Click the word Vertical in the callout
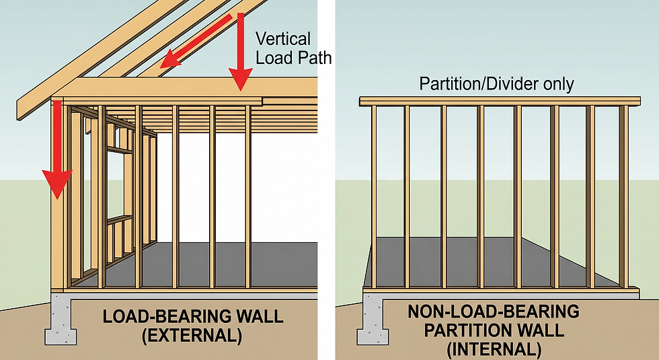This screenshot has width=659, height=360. tap(282, 40)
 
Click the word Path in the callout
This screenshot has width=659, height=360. tap(315, 58)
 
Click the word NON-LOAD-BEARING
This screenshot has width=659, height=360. tap(493, 312)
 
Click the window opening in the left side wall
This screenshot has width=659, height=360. tap(121, 182)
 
